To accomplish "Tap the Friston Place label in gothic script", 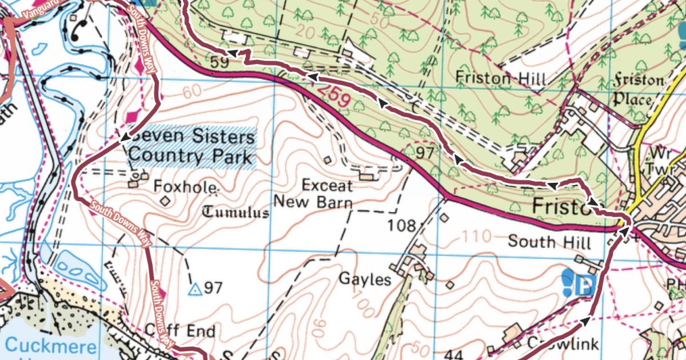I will tap(639, 90).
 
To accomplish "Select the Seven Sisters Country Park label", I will tap(190, 147).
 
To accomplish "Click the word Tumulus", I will tap(236, 213).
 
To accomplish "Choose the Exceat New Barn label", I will tap(313, 194).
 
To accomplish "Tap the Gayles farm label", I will tap(365, 279).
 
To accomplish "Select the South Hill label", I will tap(549, 242).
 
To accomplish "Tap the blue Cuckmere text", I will tap(50, 346).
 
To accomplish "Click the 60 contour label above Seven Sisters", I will tap(193, 91).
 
